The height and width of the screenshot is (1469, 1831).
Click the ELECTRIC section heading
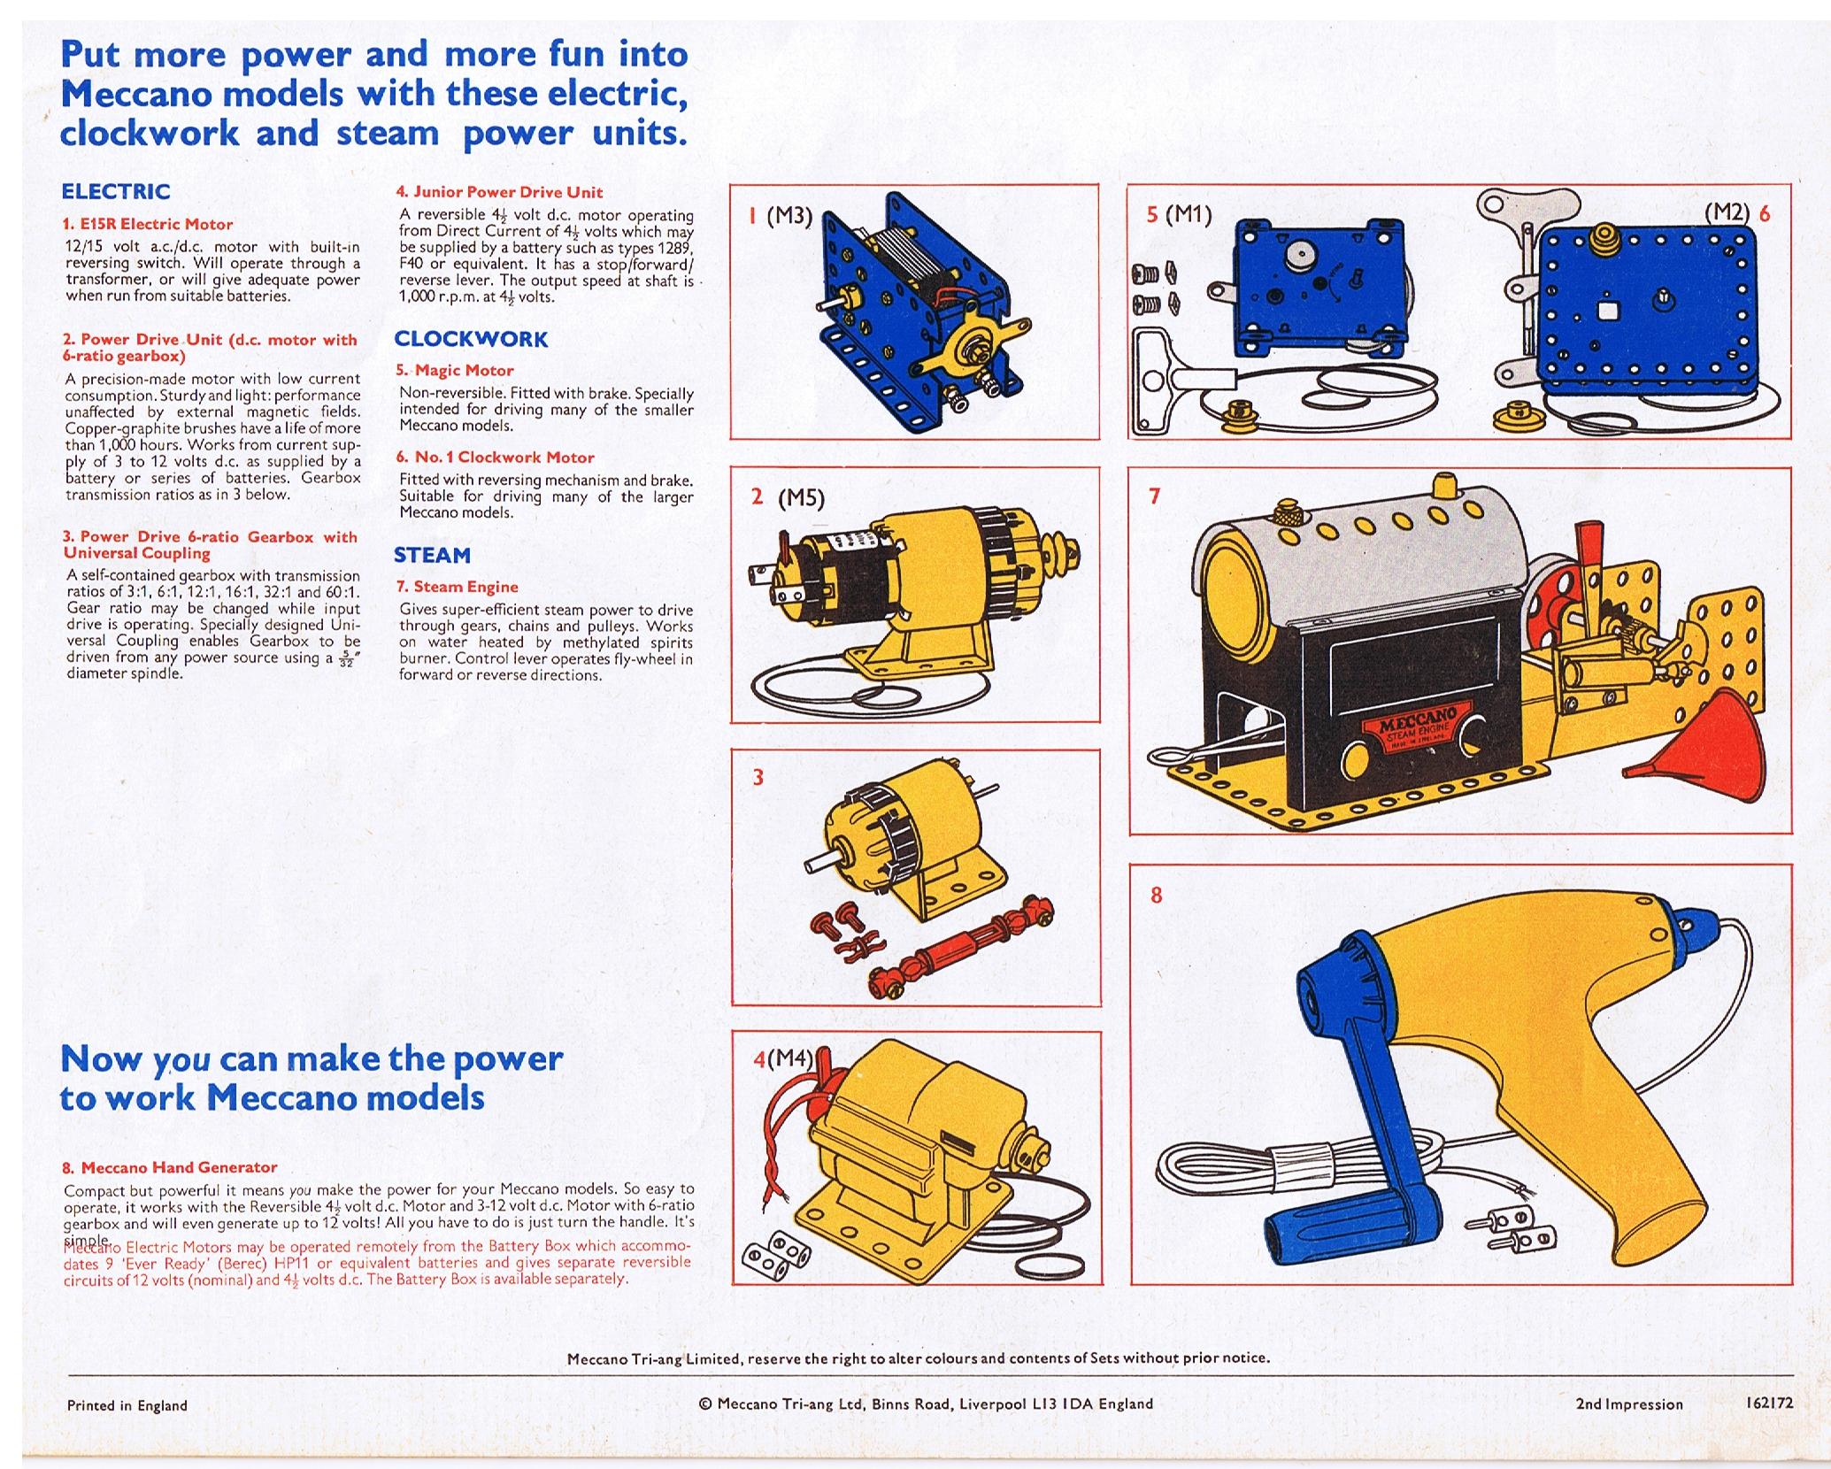[115, 191]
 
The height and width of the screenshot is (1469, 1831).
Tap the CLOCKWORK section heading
[471, 339]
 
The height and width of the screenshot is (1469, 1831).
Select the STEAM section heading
[432, 555]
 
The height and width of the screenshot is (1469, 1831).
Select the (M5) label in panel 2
[801, 499]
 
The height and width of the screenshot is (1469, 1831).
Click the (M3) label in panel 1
[789, 215]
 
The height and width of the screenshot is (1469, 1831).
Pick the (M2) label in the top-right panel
[1727, 212]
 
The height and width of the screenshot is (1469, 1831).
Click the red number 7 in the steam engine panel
[1154, 496]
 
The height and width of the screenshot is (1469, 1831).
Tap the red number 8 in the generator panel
[1157, 895]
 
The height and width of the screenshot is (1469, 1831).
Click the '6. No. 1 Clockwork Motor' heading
[495, 458]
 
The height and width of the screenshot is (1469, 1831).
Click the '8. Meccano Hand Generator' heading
[170, 1167]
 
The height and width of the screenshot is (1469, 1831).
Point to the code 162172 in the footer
[1769, 1403]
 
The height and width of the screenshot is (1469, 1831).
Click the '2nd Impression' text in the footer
[1628, 1404]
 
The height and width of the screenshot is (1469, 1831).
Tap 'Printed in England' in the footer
[127, 1405]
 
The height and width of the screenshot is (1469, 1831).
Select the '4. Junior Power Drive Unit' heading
[499, 192]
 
